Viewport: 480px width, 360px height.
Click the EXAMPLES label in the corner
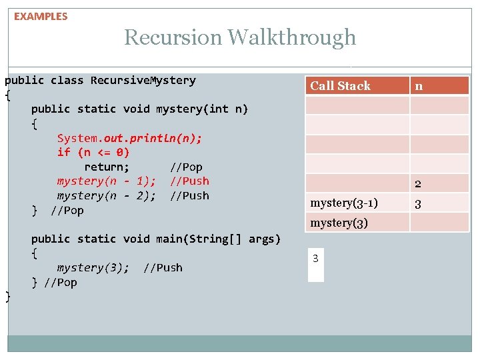[x=41, y=17]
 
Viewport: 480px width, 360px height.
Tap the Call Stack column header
[x=340, y=85]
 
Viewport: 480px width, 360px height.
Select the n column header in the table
[x=419, y=85]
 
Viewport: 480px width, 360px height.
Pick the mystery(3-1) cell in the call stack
[x=344, y=203]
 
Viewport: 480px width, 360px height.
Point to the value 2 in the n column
[x=418, y=184]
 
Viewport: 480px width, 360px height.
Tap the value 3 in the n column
[x=418, y=204]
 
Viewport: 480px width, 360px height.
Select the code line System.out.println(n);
[x=129, y=138]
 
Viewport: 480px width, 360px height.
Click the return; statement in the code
[x=107, y=167]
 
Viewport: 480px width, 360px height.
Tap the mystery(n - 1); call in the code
[x=107, y=181]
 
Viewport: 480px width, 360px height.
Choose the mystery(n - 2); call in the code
[x=107, y=196]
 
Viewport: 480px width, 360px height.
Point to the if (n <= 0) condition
[x=93, y=152]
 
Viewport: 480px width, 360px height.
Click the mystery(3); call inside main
[x=93, y=268]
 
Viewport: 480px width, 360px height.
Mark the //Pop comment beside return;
[x=186, y=167]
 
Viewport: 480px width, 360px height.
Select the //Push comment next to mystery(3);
[x=163, y=268]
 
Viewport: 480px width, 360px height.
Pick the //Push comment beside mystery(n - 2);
[x=189, y=196]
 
